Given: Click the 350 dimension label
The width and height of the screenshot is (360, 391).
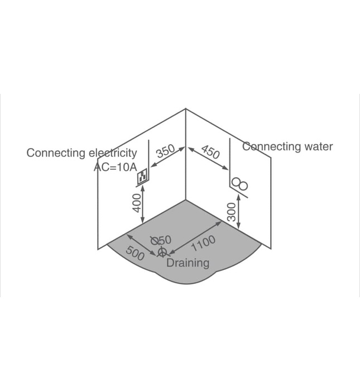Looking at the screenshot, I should pos(165,152).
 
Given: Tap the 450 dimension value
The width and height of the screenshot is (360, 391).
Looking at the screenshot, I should pos(210,151).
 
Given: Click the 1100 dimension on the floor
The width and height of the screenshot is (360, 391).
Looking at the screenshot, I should pos(203,244).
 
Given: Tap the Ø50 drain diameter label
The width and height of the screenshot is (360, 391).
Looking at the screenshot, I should pos(161,240).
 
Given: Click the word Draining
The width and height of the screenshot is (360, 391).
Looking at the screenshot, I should pos(188,263).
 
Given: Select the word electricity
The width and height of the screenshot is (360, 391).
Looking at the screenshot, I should pos(112,152).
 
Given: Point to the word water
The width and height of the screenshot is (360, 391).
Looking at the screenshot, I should pos(318,147).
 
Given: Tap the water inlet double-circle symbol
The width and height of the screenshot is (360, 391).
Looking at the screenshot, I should pos(240,184).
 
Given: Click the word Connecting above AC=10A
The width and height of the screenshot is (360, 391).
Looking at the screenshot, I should pos(56,152).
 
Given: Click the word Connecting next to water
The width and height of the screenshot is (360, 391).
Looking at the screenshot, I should pos(271,147).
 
